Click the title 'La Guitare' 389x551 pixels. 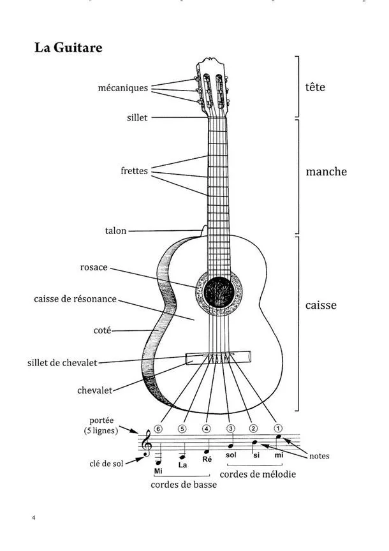coord(68,48)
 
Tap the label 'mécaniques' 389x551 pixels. coord(124,87)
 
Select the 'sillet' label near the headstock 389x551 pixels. coord(137,117)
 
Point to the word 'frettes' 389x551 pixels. coord(134,171)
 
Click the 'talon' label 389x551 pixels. coord(115,231)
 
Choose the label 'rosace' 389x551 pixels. coord(94,267)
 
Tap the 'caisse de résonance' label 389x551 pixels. coord(75,298)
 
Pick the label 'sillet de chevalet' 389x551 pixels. coord(62,363)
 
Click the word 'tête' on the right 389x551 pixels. coord(315,87)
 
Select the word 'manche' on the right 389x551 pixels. coord(326,172)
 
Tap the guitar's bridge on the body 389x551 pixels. coord(217,360)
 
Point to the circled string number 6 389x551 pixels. coord(159,429)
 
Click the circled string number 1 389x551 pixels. coord(277,429)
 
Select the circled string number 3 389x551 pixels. coord(231,429)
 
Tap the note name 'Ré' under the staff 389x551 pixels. coord(206,459)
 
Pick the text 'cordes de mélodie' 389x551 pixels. coord(258,474)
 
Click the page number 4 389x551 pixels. coord(33,517)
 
